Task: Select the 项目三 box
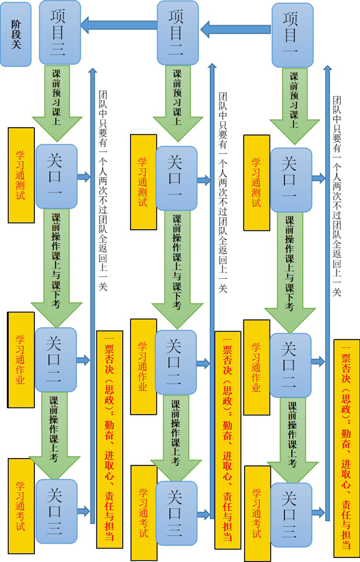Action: click(x=60, y=32)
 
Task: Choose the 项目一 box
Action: click(x=292, y=35)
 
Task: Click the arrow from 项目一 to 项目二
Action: click(x=237, y=28)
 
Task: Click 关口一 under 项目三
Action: click(x=56, y=176)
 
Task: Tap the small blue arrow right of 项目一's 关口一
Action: click(x=318, y=179)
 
